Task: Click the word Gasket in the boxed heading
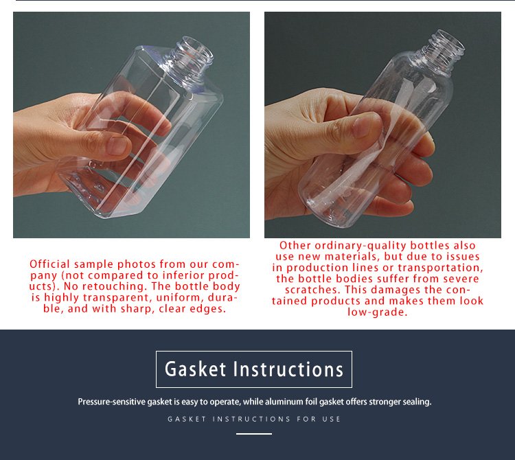[x=196, y=369]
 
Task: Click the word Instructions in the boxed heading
[x=288, y=369]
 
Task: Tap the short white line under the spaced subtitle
[x=254, y=434]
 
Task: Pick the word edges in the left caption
[x=207, y=309]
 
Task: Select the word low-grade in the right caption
[x=378, y=312]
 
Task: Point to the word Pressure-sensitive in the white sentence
[x=111, y=402]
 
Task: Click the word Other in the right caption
[x=295, y=245]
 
